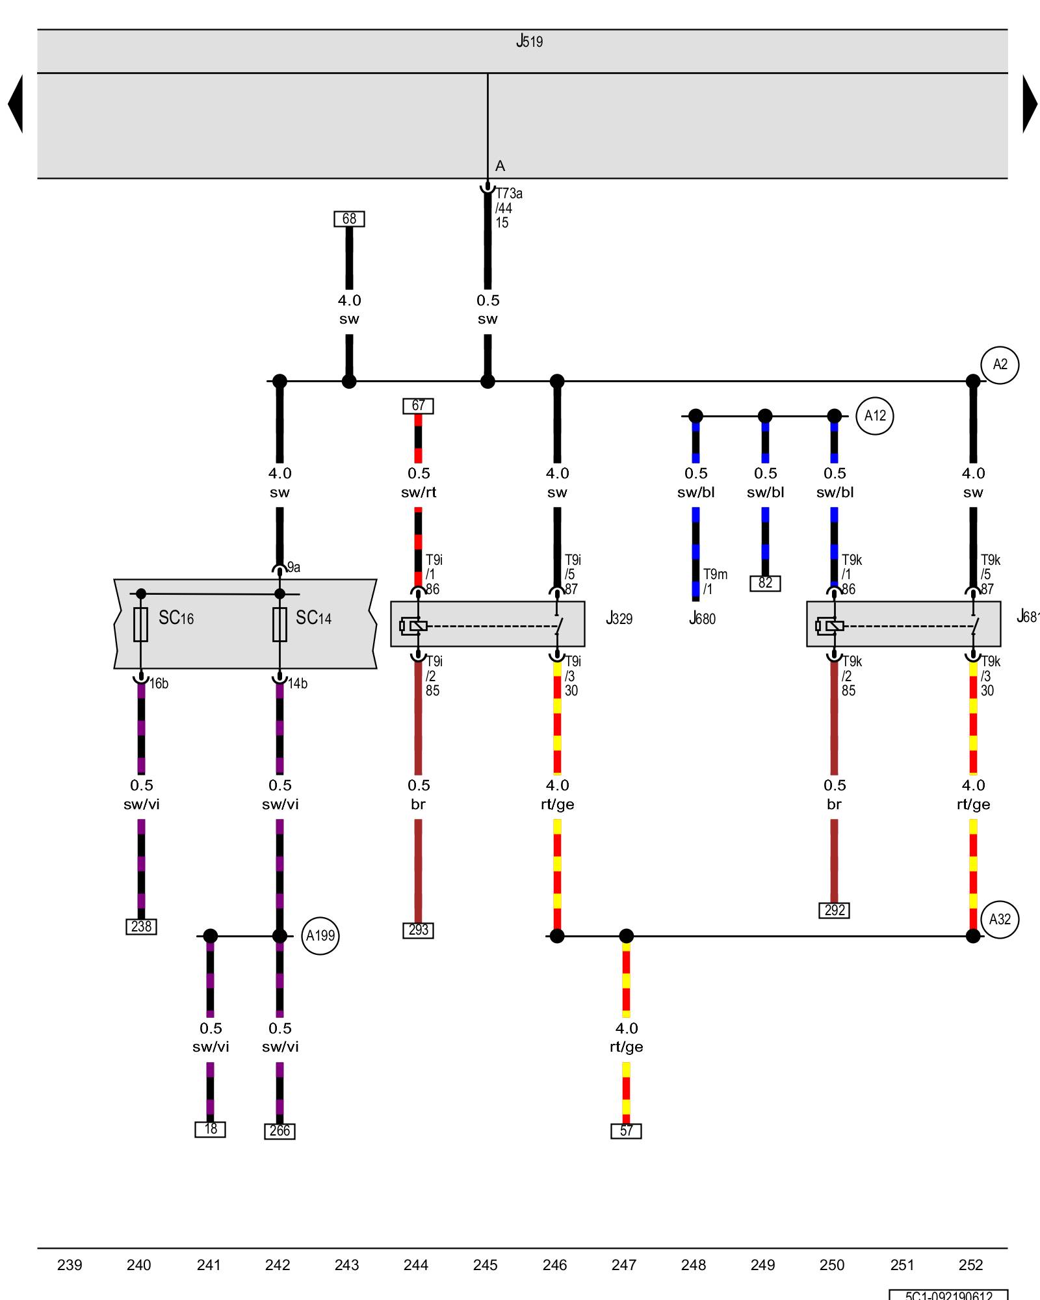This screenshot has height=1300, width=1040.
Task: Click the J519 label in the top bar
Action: click(x=529, y=42)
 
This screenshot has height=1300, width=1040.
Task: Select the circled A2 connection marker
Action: click(x=1000, y=365)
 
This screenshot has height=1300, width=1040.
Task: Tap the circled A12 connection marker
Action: click(x=875, y=416)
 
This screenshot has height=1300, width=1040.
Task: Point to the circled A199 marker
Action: click(x=320, y=936)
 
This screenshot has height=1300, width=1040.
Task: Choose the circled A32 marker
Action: click(x=1000, y=919)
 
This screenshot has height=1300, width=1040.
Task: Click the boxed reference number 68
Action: click(x=349, y=219)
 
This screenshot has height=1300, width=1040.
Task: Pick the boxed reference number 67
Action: click(x=418, y=406)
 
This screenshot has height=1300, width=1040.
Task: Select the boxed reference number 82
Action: click(x=765, y=583)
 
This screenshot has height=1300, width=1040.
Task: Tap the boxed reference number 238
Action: click(x=141, y=926)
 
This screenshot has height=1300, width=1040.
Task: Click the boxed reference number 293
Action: click(x=418, y=930)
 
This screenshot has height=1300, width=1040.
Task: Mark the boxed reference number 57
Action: click(x=626, y=1131)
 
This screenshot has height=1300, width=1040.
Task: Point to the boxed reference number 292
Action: click(x=835, y=910)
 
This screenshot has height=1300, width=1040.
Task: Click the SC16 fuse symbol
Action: click(x=140, y=625)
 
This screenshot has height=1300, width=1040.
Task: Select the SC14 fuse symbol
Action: click(x=279, y=625)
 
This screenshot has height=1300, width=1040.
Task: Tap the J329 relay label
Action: click(x=619, y=618)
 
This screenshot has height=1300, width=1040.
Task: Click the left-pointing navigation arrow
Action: click(x=16, y=104)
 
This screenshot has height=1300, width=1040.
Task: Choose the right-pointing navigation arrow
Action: click(x=1029, y=104)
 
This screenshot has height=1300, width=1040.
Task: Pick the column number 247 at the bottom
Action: click(x=624, y=1265)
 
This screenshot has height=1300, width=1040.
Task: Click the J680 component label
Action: click(x=702, y=618)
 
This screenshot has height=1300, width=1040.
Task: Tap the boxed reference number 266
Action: click(x=279, y=1131)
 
